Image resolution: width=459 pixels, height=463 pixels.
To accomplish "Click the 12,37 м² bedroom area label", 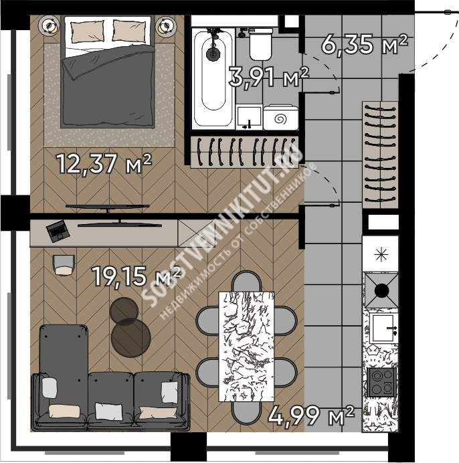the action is [104, 163].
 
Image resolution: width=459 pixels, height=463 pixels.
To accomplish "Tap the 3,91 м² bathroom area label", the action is [269, 76].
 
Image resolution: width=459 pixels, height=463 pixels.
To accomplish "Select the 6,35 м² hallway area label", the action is [365, 44].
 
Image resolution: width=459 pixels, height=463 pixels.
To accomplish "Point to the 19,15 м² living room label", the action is [136, 276].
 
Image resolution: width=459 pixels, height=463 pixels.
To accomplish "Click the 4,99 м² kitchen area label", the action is [311, 415].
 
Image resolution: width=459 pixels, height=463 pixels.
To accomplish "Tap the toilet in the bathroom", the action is [260, 44].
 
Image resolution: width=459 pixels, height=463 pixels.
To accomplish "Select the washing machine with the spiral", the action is [280, 118].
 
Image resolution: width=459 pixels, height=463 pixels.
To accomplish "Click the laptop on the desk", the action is [58, 231].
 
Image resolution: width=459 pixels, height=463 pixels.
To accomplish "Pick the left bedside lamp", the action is [49, 26].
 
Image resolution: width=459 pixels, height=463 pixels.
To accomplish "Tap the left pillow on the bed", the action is [87, 31].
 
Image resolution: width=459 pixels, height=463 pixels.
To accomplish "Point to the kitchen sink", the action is [383, 329].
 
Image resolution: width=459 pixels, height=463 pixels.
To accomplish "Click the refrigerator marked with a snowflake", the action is [381, 254].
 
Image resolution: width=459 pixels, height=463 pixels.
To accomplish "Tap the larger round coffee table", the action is [131, 338].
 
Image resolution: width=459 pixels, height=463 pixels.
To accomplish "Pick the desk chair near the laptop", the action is [64, 265].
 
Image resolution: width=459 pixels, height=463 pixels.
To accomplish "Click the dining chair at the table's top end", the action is [247, 282].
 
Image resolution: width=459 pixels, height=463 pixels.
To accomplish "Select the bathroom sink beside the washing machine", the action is [249, 117].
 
